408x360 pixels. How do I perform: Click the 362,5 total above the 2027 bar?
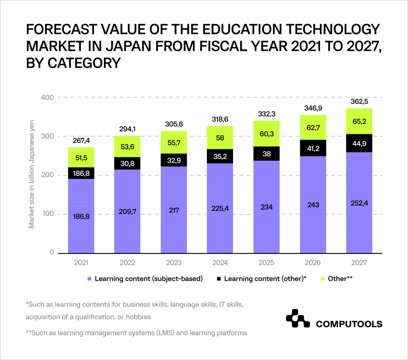359,101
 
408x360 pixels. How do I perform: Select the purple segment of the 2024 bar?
220,207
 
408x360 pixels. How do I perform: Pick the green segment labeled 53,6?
127,147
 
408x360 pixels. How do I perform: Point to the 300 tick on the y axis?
47,136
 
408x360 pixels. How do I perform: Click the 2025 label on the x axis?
267,263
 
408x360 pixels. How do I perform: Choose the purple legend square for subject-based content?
89,279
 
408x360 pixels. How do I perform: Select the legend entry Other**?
340,279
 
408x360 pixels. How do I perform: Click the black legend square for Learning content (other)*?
219,279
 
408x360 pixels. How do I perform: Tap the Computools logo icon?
297,318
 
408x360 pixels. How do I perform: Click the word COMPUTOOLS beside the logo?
349,324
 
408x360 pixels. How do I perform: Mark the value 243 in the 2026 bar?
313,205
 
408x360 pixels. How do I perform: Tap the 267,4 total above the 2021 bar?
81,141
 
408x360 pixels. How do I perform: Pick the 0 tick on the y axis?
51,252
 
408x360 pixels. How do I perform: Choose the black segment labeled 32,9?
174,160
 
